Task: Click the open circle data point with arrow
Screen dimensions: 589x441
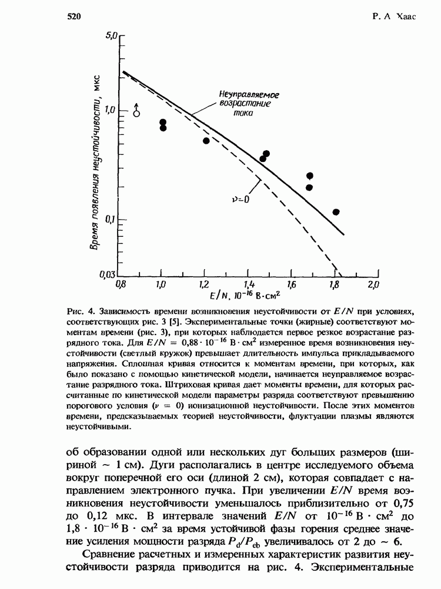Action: (x=136, y=112)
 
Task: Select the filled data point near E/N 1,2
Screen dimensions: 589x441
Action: (x=206, y=141)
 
